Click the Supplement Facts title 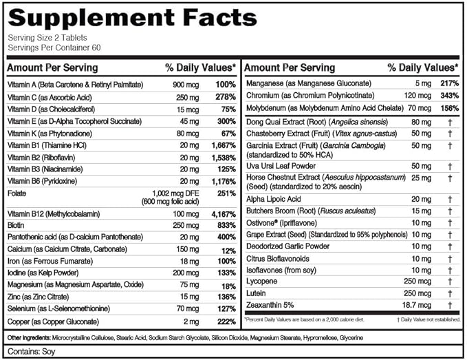[131, 17]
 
